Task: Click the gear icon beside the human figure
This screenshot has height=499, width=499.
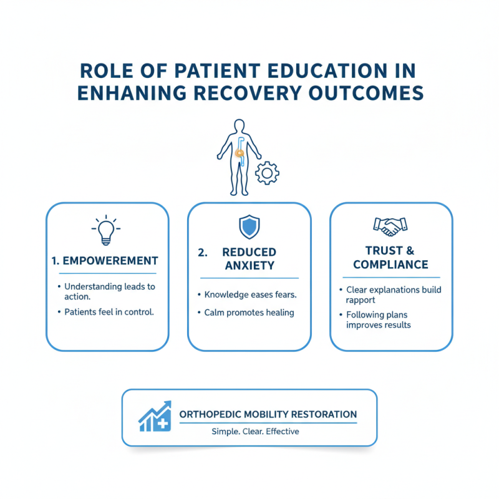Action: pos(268,172)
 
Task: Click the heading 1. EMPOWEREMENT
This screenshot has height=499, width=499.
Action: pos(104,261)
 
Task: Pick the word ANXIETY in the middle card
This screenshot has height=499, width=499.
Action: pos(249,266)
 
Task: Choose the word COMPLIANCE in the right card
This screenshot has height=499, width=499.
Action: pos(390,264)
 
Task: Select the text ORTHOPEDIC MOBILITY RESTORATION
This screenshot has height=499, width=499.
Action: pos(268,414)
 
